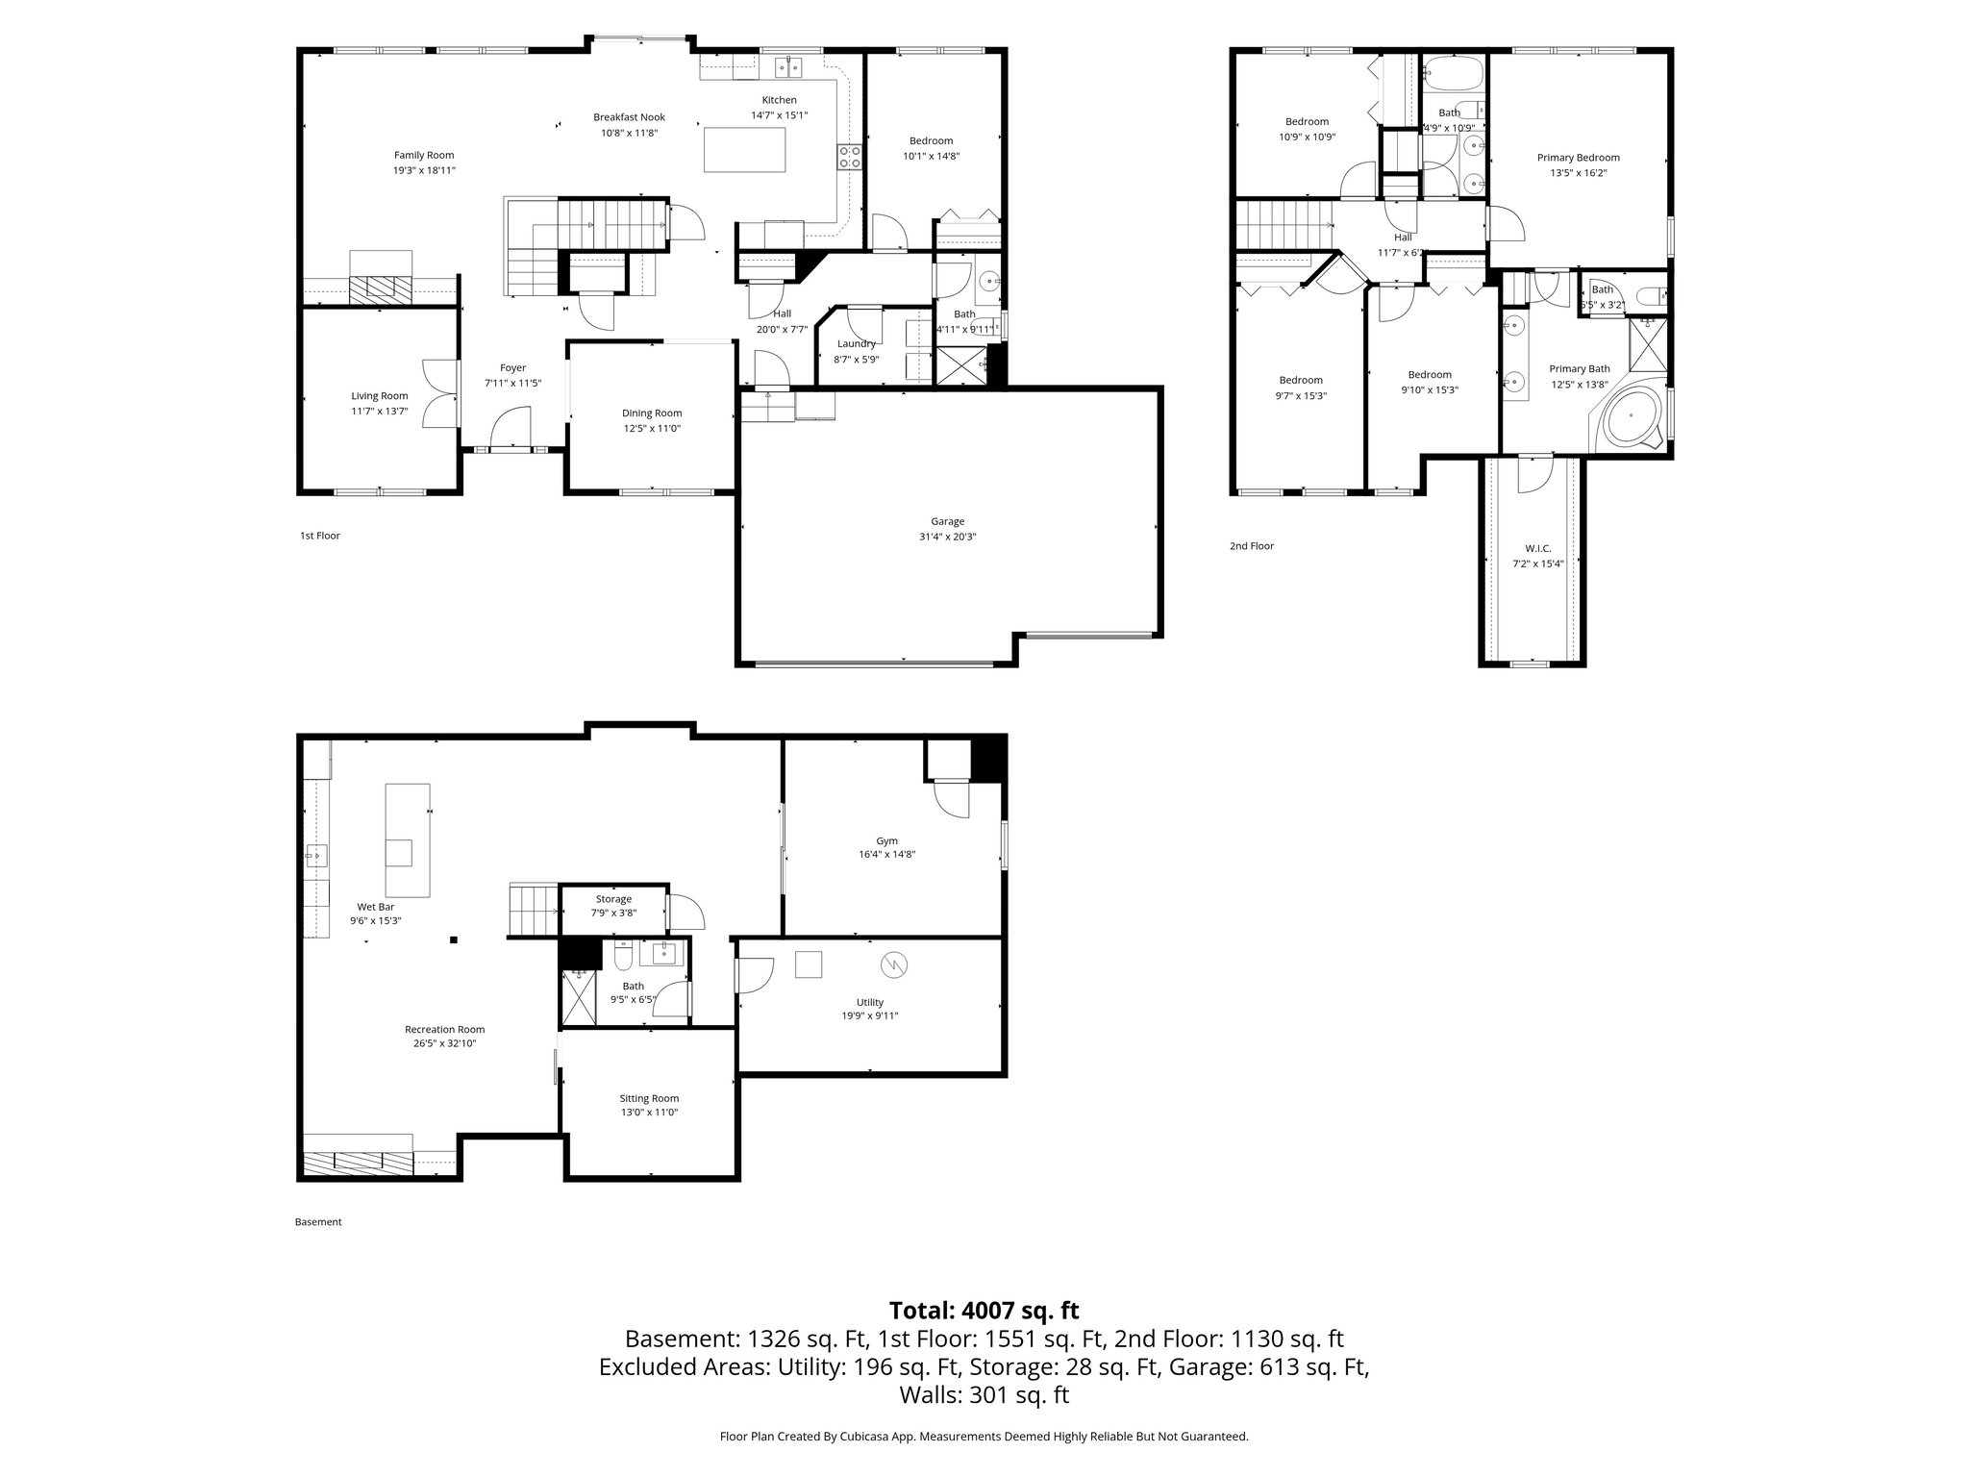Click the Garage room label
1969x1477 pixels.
(x=947, y=521)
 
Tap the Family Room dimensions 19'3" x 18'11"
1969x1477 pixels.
(x=423, y=170)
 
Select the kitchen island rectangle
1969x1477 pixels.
(x=744, y=150)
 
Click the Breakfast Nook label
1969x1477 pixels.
(x=629, y=117)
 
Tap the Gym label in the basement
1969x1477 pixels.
(x=886, y=840)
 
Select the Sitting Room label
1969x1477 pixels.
(x=649, y=1098)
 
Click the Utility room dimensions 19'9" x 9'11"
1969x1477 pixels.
(x=869, y=1015)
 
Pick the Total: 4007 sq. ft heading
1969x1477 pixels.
(x=984, y=1310)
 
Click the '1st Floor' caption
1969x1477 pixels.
(x=320, y=536)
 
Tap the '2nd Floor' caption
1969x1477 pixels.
(x=1251, y=546)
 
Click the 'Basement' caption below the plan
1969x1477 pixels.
(x=318, y=1222)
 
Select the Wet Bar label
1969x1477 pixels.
(x=375, y=906)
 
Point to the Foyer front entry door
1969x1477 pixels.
(x=511, y=428)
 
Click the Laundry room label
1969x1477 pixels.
(x=856, y=343)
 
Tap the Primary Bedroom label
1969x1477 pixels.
(x=1578, y=158)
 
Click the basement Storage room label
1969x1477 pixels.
(x=613, y=899)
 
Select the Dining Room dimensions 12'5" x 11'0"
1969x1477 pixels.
(x=651, y=429)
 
